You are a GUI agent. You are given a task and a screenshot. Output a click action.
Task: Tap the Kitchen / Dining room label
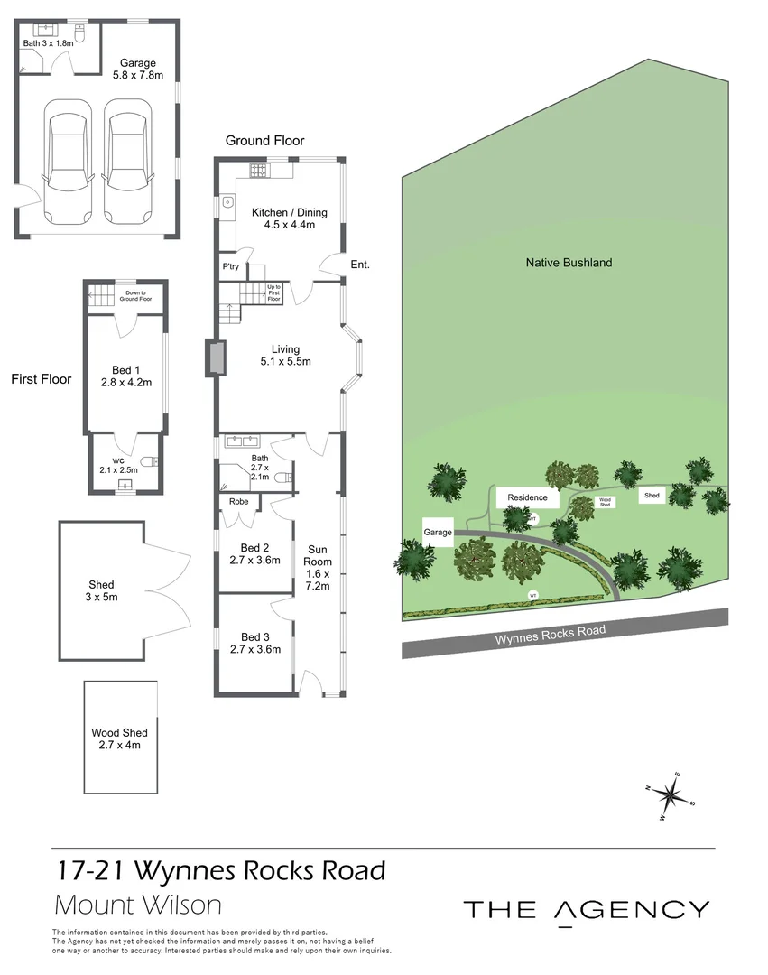click(x=289, y=218)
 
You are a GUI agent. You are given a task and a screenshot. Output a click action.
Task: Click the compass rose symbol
click(x=671, y=795)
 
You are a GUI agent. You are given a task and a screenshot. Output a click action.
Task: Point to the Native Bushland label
click(x=569, y=263)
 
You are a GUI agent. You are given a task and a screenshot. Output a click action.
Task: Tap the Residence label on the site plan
click(x=527, y=497)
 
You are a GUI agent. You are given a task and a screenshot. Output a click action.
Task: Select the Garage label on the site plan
click(x=438, y=533)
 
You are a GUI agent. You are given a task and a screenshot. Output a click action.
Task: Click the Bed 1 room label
click(x=126, y=376)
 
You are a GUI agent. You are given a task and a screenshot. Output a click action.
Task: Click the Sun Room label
click(x=319, y=567)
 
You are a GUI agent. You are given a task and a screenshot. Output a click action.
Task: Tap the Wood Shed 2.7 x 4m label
click(x=120, y=738)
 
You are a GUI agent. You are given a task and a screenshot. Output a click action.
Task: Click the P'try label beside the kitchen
click(x=231, y=266)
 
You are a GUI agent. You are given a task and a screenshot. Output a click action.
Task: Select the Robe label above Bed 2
click(x=239, y=501)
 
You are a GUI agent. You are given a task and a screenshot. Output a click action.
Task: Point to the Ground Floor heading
click(x=264, y=141)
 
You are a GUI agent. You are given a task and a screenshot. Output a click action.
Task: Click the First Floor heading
click(x=41, y=379)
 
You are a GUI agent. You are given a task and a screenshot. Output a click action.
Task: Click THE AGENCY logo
click(x=586, y=909)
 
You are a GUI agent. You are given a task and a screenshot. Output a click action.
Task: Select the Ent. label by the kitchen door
click(x=360, y=265)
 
